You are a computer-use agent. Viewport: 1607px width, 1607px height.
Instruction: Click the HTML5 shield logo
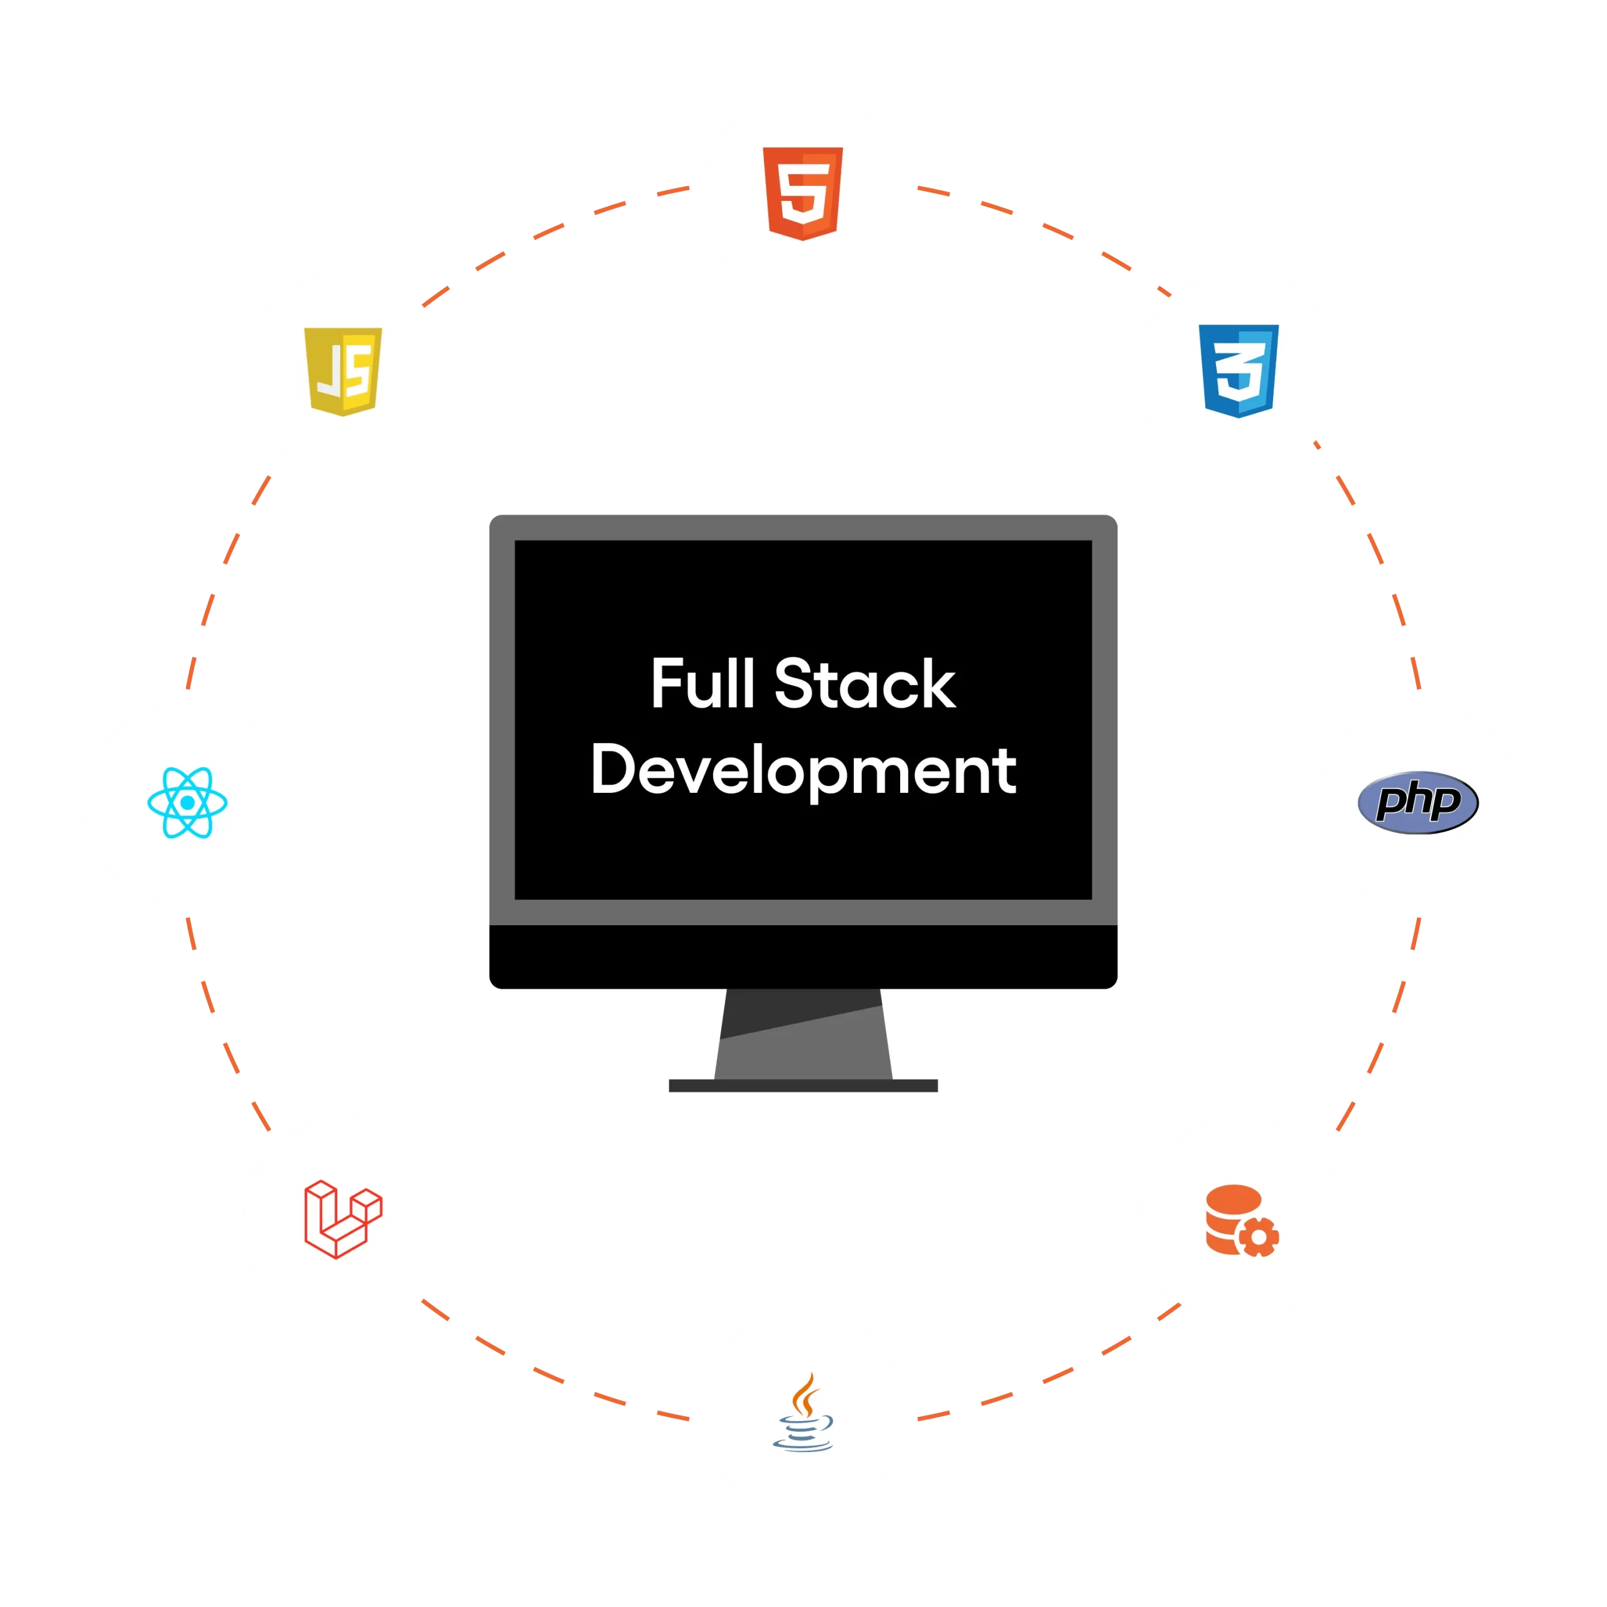click(x=803, y=194)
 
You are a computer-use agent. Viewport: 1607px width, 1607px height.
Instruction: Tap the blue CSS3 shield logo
click(x=1239, y=371)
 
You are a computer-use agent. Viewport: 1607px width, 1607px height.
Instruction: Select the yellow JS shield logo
click(x=343, y=371)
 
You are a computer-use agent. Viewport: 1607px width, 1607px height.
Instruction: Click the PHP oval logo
click(x=1418, y=803)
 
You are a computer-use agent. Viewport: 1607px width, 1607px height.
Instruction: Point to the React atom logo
click(x=187, y=803)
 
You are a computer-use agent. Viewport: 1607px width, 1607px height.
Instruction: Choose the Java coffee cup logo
click(x=803, y=1414)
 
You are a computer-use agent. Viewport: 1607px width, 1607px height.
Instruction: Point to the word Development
click(x=803, y=770)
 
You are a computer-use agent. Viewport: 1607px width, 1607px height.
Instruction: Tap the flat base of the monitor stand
click(x=803, y=1085)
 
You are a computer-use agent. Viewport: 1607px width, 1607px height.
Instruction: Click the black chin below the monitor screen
click(x=803, y=957)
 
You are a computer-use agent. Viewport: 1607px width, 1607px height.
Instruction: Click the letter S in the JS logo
click(x=358, y=372)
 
